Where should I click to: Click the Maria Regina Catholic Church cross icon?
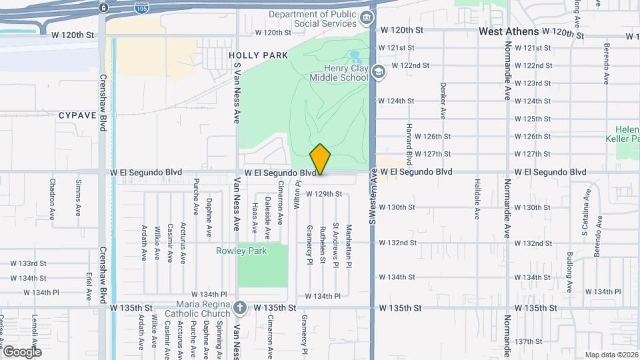pos(240,308)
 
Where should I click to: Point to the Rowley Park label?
pos(241,251)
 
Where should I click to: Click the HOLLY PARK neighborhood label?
pos(258,55)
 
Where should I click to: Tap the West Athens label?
pos(509,31)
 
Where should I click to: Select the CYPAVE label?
pos(78,115)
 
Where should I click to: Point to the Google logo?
pos(21,351)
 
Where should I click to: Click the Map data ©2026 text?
pos(611,355)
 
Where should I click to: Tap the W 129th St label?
pos(324,194)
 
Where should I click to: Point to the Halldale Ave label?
pos(477,199)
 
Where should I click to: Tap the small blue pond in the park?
pos(355,57)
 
